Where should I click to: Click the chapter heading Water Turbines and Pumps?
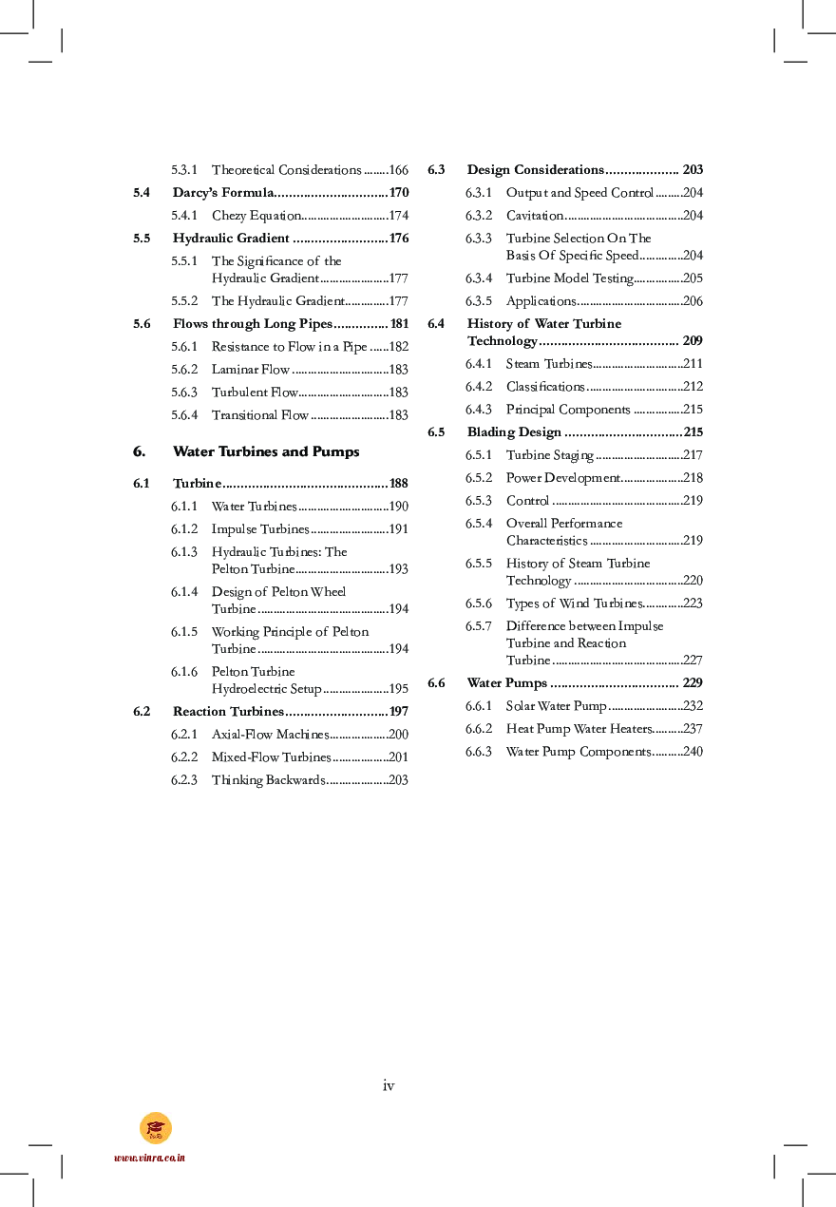click(x=266, y=451)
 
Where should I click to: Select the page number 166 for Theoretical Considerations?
click(x=399, y=170)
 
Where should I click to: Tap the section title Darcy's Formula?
click(x=223, y=193)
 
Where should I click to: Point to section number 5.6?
click(x=142, y=324)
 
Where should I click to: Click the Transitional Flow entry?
click(x=259, y=415)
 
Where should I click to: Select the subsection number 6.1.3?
click(x=184, y=552)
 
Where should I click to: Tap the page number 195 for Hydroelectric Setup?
click(x=399, y=689)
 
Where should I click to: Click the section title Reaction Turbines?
click(x=228, y=712)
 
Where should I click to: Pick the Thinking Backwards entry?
click(x=268, y=780)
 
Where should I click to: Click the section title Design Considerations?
click(x=535, y=170)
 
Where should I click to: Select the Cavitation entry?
click(x=535, y=216)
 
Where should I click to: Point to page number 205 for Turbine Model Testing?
click(x=693, y=278)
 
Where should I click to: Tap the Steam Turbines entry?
click(x=548, y=364)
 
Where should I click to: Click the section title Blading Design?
click(x=514, y=432)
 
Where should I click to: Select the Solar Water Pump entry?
click(x=556, y=706)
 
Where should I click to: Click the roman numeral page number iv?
click(x=389, y=1085)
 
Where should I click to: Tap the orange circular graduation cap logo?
click(x=156, y=1128)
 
